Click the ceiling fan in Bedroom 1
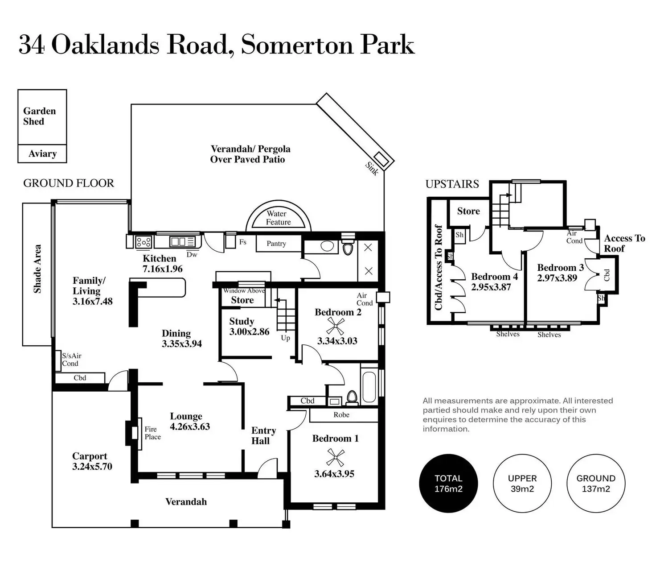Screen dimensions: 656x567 335,457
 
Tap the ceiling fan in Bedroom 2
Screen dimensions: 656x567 335,326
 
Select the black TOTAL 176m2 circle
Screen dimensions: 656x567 448,483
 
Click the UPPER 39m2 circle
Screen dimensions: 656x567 522,483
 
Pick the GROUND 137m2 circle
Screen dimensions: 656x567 596,483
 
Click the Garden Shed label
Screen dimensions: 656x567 39,116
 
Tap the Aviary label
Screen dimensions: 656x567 42,154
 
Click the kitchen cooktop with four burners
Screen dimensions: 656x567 143,242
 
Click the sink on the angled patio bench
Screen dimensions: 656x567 381,159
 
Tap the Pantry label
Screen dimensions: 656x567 276,244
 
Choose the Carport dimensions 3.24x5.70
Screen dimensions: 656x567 92,467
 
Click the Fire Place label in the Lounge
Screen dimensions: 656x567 153,433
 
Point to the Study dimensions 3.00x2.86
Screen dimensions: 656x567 249,332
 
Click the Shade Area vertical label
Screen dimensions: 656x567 37,269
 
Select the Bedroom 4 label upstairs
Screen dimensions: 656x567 494,277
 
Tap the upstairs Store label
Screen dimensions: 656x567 468,211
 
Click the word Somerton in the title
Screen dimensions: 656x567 297,45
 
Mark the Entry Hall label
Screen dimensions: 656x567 263,435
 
